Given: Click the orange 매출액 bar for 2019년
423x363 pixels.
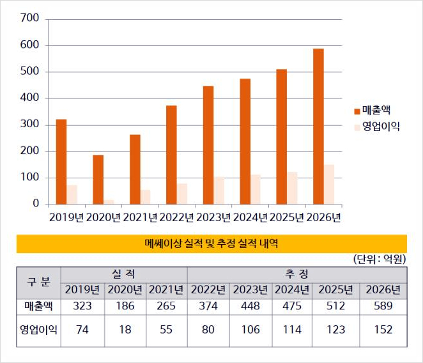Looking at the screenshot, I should click(61, 162).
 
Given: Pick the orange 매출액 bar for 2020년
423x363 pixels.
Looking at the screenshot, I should click(98, 180).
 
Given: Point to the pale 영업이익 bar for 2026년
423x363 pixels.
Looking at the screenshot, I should click(328, 185).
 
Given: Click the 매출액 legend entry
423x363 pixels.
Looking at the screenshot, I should click(376, 109).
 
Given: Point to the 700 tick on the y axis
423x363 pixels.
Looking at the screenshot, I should click(31, 19).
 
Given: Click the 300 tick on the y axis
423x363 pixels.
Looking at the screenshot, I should click(31, 125).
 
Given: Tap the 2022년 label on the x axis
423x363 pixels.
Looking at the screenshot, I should click(176, 217).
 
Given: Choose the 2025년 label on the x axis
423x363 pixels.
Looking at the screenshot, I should click(286, 217).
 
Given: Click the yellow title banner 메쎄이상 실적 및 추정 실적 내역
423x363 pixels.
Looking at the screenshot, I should click(211, 243).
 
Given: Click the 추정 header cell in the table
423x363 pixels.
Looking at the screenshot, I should click(297, 274).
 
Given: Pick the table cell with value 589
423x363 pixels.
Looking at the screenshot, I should click(383, 306).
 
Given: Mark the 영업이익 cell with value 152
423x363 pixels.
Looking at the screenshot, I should click(383, 330).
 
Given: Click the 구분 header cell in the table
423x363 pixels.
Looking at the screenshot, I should click(38, 282).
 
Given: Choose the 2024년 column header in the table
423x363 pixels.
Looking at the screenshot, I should click(292, 290).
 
